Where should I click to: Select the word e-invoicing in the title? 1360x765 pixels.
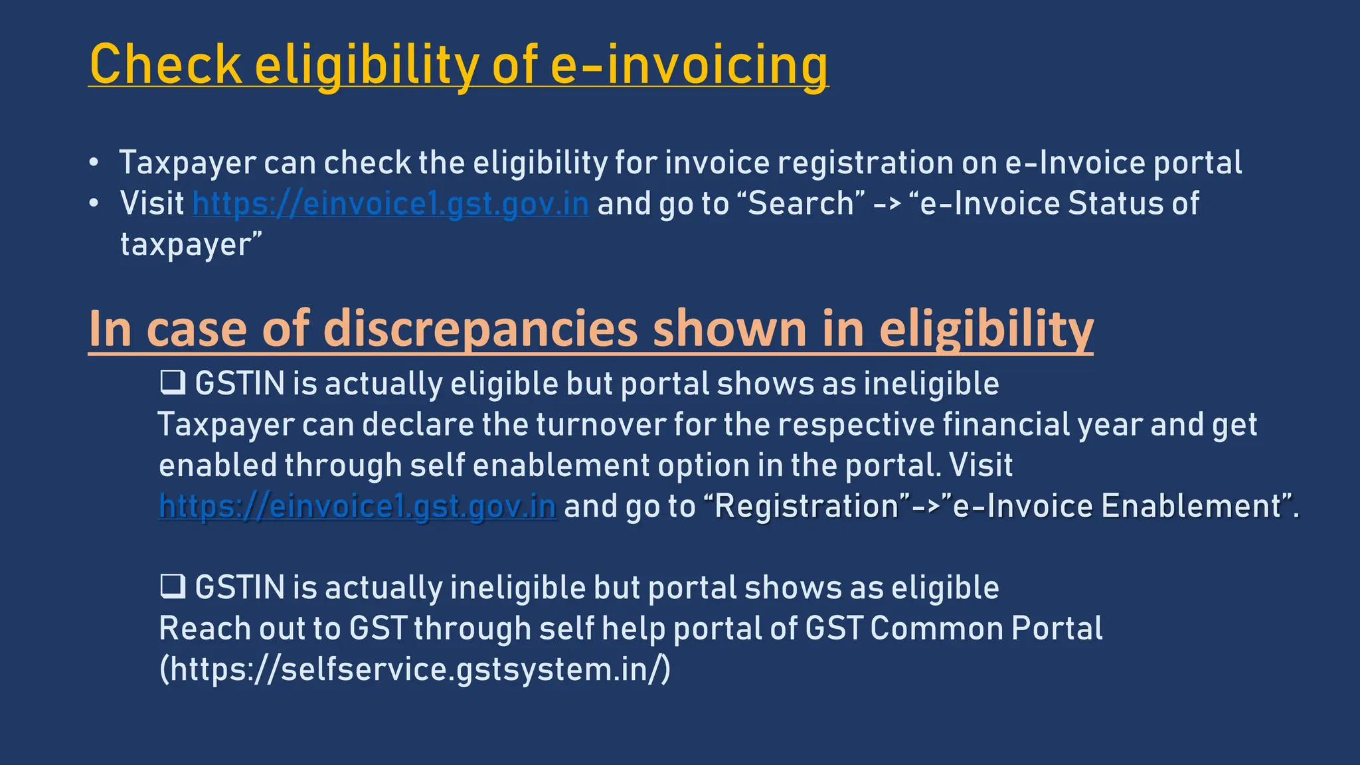tap(689, 64)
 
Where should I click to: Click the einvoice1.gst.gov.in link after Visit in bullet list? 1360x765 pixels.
tap(390, 203)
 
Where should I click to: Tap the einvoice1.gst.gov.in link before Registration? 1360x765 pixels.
tap(357, 506)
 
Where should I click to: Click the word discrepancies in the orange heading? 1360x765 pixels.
tap(479, 328)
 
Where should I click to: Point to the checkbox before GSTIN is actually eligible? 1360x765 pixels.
tap(173, 383)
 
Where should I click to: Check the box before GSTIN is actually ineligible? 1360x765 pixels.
tap(173, 587)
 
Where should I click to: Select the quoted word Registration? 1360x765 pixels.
tap(806, 506)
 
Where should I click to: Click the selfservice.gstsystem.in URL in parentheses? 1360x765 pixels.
tap(415, 669)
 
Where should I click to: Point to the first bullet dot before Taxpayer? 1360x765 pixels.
tap(94, 163)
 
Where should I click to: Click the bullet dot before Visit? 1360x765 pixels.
tap(94, 203)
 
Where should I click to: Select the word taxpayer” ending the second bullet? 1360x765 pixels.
tap(191, 245)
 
